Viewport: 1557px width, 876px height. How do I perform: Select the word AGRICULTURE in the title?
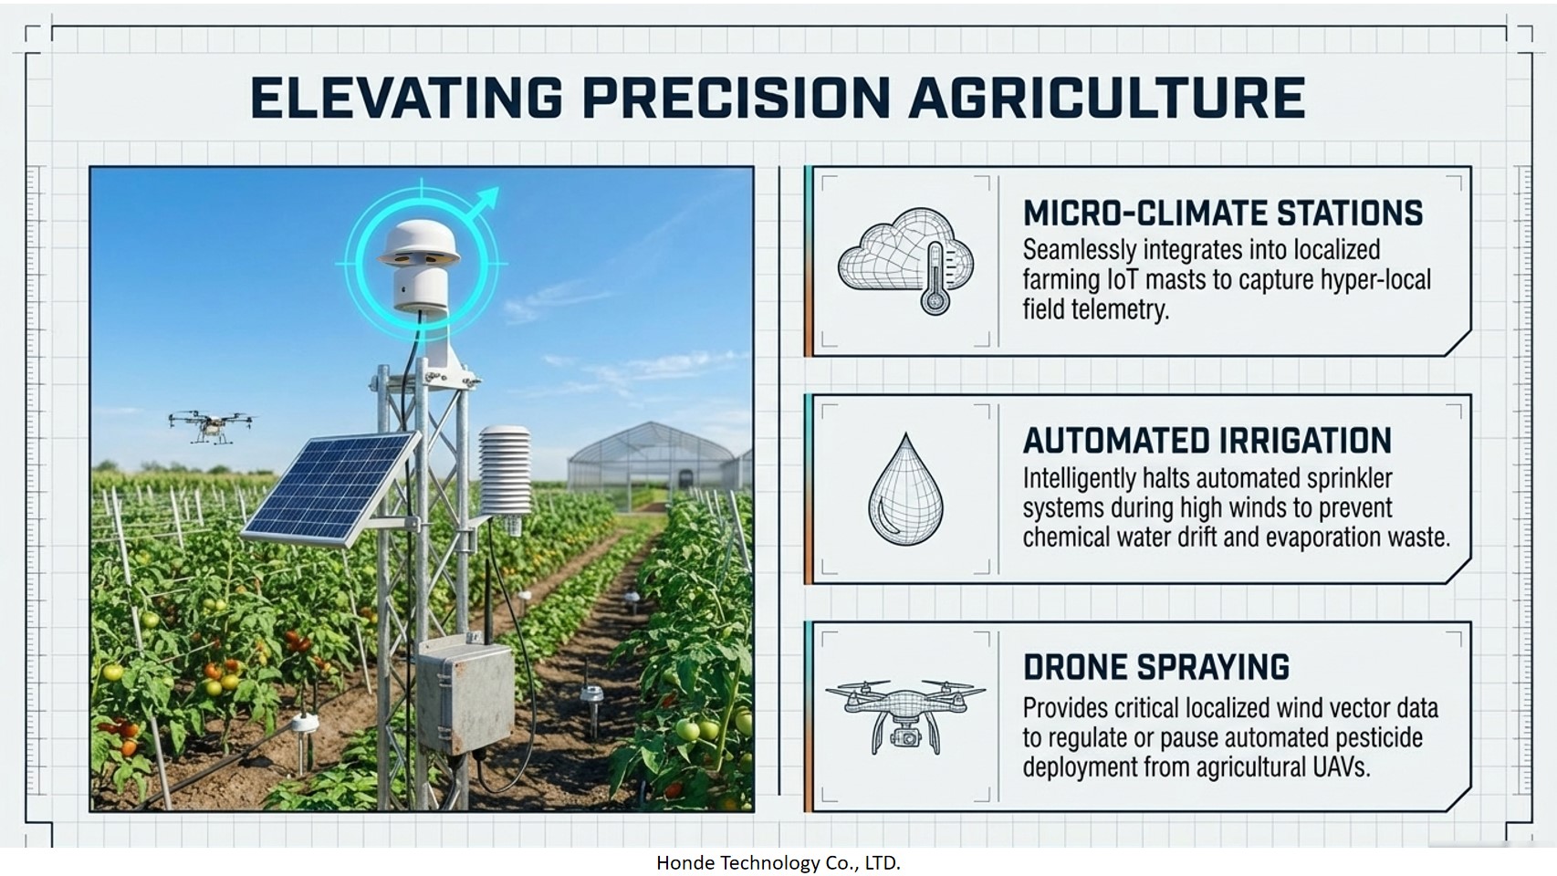coord(1106,97)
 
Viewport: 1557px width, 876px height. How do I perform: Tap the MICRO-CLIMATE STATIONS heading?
coord(1223,213)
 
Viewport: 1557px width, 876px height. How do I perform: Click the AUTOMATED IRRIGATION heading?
coord(1207,440)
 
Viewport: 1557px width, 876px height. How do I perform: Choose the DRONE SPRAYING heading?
coord(1156,667)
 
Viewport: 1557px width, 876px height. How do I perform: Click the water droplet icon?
coord(905,489)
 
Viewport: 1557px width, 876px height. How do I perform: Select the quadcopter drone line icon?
coord(905,717)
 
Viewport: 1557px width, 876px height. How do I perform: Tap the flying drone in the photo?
coord(211,425)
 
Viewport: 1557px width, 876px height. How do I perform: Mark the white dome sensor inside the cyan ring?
coord(418,265)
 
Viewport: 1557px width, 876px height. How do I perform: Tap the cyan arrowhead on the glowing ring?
coord(487,197)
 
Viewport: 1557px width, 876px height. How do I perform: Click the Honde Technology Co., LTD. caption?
coord(778,863)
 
